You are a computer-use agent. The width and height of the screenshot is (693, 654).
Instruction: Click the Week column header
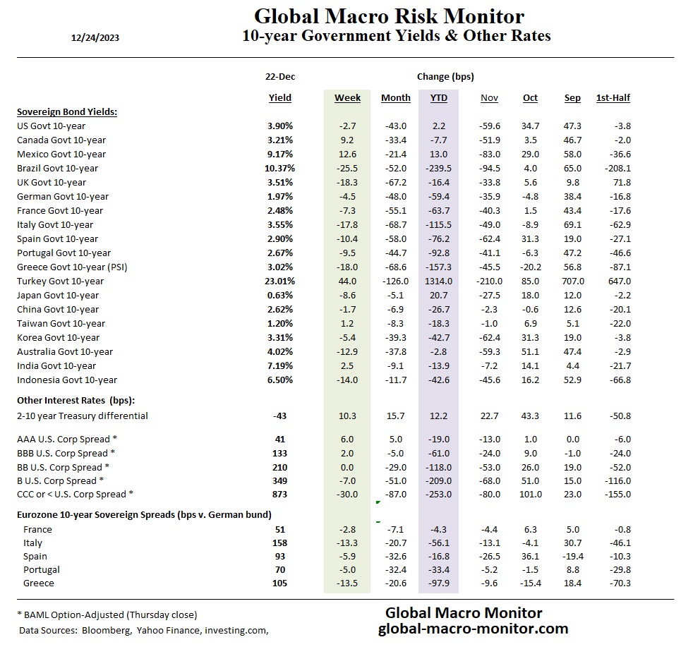pos(347,98)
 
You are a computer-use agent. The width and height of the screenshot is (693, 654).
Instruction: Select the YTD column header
pos(438,98)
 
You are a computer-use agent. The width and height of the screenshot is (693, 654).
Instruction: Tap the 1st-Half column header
pos(613,98)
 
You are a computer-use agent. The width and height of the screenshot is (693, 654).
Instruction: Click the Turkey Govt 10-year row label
pos(60,281)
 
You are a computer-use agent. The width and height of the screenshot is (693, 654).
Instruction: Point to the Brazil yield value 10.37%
pos(280,168)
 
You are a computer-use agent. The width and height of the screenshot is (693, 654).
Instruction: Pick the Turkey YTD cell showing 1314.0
pos(438,281)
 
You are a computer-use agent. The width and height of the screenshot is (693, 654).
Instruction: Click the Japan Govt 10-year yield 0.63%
pos(280,295)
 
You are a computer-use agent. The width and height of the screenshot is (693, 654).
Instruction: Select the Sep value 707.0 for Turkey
pos(572,281)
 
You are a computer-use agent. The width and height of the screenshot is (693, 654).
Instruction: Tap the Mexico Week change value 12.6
pos(347,154)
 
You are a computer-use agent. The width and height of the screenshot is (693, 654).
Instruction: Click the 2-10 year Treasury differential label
pos(83,416)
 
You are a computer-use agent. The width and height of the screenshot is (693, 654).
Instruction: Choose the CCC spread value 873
pos(280,494)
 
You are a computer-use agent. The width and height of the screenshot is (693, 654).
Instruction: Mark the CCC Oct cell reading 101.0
pos(530,494)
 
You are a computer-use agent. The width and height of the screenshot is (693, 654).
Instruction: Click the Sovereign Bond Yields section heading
pos(66,111)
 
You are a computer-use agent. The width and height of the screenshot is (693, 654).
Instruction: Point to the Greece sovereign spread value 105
pos(280,583)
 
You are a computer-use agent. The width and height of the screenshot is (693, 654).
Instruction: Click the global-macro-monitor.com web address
pos(473,629)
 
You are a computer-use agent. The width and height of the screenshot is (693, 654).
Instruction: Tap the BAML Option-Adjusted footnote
pos(107,614)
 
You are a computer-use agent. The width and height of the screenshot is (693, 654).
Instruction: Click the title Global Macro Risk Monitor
pos(389,16)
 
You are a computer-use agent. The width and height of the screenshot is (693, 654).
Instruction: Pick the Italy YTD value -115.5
pos(438,224)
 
